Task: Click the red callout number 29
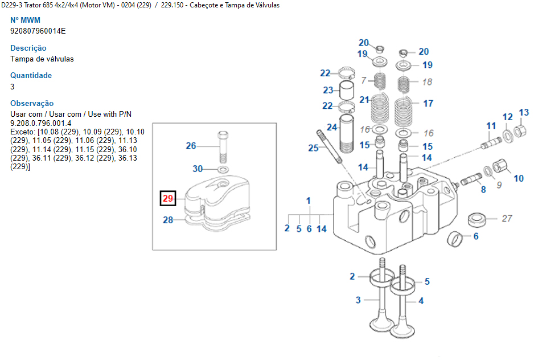(167, 198)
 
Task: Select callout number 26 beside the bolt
(191, 146)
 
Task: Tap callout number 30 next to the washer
(198, 169)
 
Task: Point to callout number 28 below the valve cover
(168, 220)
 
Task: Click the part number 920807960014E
(38, 31)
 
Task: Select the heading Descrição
(28, 48)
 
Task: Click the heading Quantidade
(31, 75)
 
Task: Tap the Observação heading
(32, 103)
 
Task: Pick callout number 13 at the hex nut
(524, 112)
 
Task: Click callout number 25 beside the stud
(313, 148)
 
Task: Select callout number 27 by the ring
(507, 218)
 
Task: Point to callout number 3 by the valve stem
(358, 300)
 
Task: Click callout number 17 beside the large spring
(428, 103)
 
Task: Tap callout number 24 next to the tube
(332, 126)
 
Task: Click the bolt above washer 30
(222, 146)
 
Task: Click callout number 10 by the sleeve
(519, 178)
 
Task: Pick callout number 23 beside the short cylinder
(328, 90)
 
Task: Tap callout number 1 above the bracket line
(309, 201)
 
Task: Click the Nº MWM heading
(26, 20)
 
